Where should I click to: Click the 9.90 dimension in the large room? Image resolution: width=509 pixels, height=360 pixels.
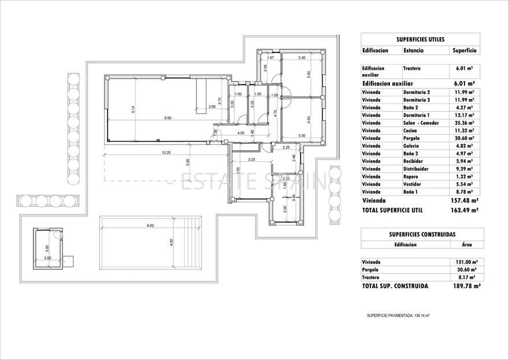(x=168, y=118)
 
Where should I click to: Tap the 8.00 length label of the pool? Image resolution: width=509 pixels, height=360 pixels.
(x=150, y=225)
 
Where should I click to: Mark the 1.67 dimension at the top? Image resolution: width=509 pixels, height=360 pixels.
(x=270, y=58)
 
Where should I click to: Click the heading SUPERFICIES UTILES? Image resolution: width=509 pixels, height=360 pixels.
(x=420, y=40)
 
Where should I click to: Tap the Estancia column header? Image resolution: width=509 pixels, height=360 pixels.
(x=413, y=51)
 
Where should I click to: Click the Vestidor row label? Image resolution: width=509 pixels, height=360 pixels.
(x=413, y=184)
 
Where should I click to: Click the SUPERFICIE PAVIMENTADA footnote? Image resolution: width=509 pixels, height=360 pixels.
(x=398, y=316)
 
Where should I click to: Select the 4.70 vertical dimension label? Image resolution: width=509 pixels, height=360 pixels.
(x=276, y=113)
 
